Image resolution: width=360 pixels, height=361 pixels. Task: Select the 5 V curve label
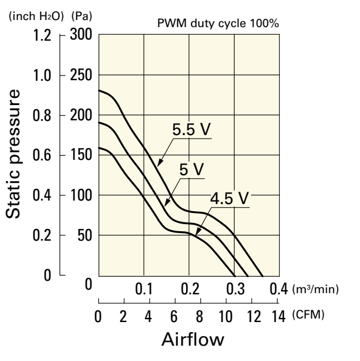191,170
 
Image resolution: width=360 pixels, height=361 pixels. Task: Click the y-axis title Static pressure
16,155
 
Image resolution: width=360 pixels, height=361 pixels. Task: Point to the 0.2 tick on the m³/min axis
189,290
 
